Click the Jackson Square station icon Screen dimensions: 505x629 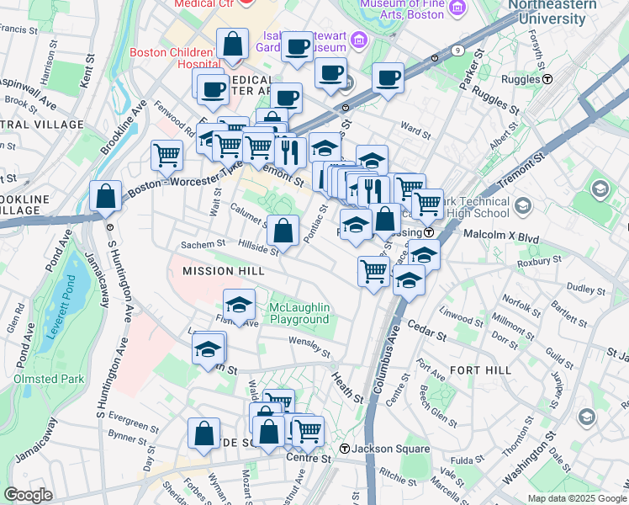345,449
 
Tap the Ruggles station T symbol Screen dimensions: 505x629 547,79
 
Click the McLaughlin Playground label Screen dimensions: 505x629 299,313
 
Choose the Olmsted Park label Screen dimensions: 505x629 49,379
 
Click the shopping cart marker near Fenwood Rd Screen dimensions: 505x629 167,155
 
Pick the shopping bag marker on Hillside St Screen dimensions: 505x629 283,229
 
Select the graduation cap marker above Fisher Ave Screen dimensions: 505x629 240,305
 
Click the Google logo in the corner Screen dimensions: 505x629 29,495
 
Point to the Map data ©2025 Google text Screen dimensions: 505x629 576,498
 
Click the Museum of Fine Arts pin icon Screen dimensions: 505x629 457,8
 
